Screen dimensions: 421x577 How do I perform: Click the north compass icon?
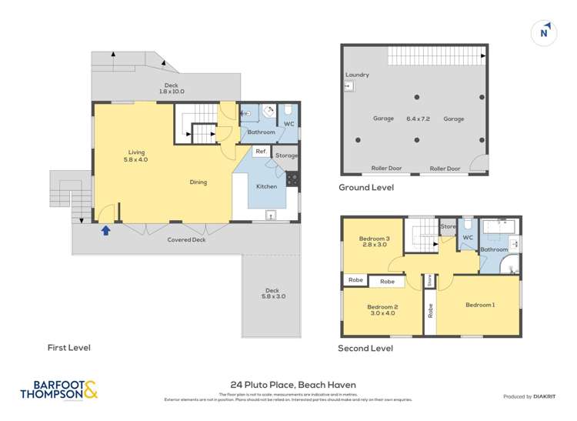pos(545,32)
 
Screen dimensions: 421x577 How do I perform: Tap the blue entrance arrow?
pos(105,229)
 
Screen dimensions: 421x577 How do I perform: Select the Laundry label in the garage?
pos(357,75)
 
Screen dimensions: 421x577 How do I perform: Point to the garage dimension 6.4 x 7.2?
pos(414,119)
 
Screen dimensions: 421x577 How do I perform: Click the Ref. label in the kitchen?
pos(261,151)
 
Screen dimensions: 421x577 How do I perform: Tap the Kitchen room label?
pos(266,186)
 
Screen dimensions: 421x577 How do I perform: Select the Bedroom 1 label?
pos(479,306)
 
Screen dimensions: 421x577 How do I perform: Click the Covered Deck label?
pos(187,240)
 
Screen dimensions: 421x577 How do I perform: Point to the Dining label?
pos(198,182)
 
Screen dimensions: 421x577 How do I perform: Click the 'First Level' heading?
pos(68,348)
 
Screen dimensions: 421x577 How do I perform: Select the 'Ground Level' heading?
pos(366,187)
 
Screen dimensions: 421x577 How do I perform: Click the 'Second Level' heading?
pos(365,348)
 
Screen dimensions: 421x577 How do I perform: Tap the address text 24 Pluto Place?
pos(293,385)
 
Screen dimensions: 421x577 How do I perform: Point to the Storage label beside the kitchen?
pos(286,155)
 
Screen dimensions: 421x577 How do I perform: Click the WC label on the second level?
pos(466,238)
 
